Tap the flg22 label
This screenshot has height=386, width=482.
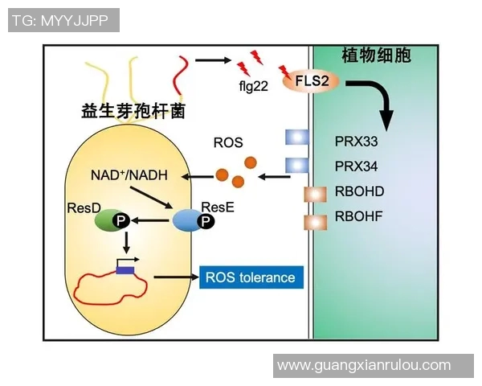[253, 85]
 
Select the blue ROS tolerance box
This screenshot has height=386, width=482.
[251, 277]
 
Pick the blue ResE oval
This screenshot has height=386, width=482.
[189, 219]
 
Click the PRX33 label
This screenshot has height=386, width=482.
[356, 141]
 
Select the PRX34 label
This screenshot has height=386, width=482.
[356, 166]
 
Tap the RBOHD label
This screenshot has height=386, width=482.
[359, 192]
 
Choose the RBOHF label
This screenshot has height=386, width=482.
[359, 217]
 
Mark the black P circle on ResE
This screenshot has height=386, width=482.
[206, 220]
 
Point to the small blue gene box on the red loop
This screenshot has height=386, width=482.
[125, 270]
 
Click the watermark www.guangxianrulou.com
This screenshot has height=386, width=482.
[363, 365]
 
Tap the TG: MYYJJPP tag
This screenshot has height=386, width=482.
[63, 20]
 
